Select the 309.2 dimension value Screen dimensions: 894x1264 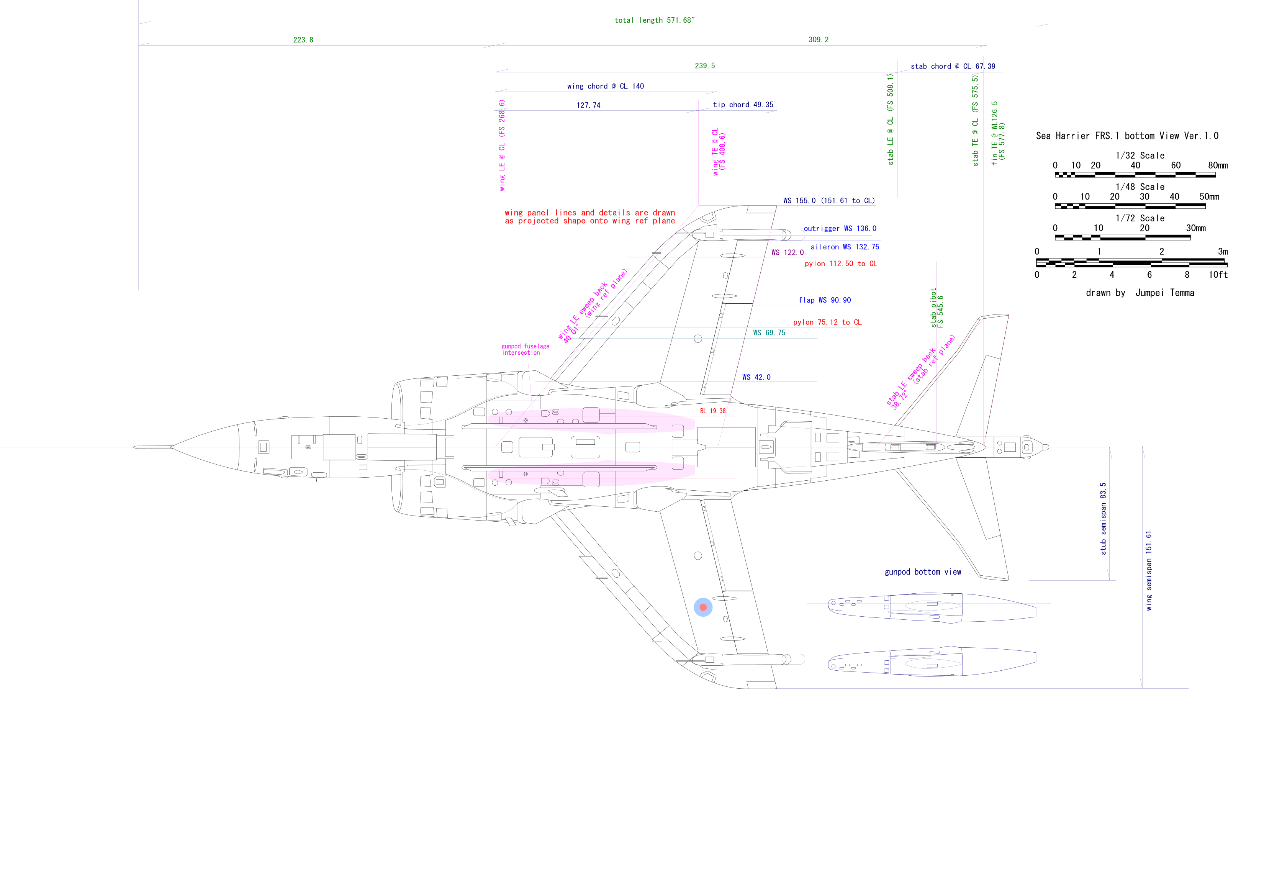[818, 39]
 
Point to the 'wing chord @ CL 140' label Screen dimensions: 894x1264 [605, 87]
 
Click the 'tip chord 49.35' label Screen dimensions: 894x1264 [743, 105]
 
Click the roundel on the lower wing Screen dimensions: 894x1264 [703, 607]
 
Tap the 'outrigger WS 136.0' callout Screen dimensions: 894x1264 [840, 228]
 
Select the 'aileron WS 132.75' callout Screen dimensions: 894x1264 [845, 247]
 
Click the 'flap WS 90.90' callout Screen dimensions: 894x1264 [824, 300]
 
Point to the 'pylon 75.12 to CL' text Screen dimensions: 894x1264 [827, 323]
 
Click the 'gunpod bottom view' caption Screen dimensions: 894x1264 [923, 572]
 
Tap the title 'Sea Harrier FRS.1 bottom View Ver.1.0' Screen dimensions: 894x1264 [1127, 136]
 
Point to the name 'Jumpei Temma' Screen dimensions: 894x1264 [1164, 293]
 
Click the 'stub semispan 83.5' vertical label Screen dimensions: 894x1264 [1103, 519]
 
